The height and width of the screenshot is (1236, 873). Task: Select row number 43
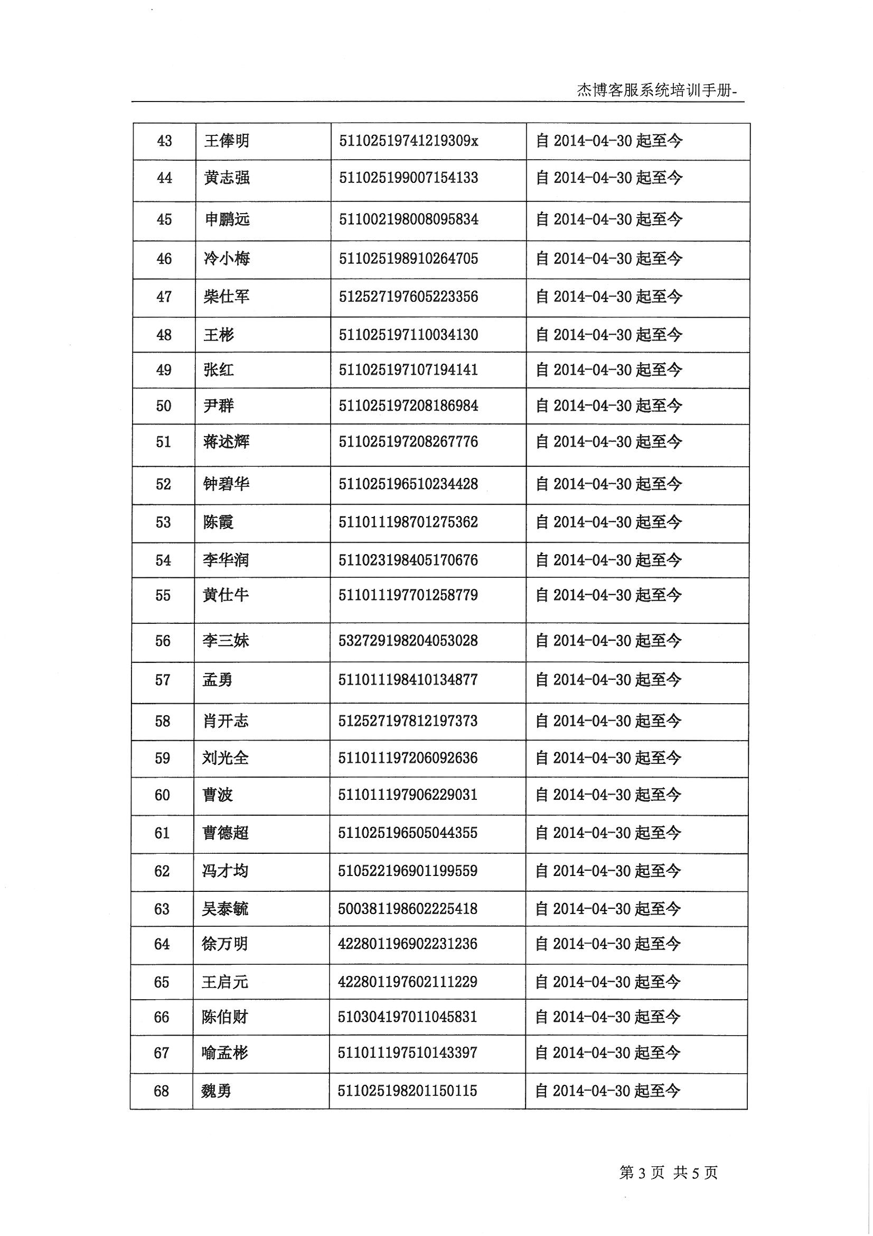pyautogui.click(x=164, y=141)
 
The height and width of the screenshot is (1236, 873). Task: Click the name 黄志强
pyautogui.click(x=227, y=178)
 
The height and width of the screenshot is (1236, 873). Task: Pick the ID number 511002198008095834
pyautogui.click(x=408, y=219)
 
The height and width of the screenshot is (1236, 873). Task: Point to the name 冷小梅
pyautogui.click(x=227, y=259)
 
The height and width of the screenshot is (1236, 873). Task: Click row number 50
pyautogui.click(x=164, y=406)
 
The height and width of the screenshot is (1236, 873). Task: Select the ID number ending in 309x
pyautogui.click(x=408, y=141)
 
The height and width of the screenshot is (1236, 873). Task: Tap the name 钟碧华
pyautogui.click(x=226, y=484)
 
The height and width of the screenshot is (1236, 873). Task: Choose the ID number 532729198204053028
pyautogui.click(x=408, y=641)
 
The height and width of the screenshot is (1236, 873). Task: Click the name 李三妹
pyautogui.click(x=226, y=641)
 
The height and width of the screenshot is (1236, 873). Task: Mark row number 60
pyautogui.click(x=163, y=795)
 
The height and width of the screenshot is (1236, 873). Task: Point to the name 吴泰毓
pyautogui.click(x=225, y=909)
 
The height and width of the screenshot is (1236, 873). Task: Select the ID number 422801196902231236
pyautogui.click(x=407, y=944)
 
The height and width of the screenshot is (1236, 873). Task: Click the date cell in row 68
pyautogui.click(x=608, y=1091)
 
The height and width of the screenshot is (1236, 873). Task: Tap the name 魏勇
pyautogui.click(x=216, y=1091)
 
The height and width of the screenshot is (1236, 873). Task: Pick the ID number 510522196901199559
pyautogui.click(x=407, y=871)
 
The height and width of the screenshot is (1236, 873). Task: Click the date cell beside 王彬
pyautogui.click(x=609, y=335)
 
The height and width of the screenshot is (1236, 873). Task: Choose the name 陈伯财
pyautogui.click(x=224, y=1017)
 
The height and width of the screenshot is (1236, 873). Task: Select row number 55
pyautogui.click(x=163, y=595)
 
